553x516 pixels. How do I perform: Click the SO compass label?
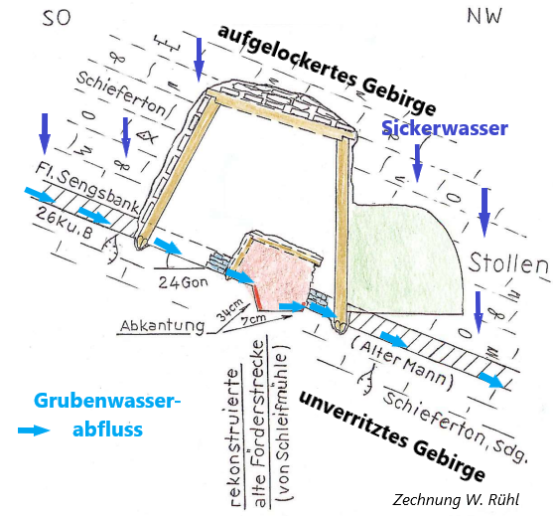tap(57, 18)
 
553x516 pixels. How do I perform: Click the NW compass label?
tap(484, 16)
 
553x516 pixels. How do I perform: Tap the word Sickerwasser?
tap(445, 128)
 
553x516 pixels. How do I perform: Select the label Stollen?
tap(508, 263)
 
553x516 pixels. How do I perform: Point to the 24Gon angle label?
tap(183, 282)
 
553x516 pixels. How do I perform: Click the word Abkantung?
tap(162, 326)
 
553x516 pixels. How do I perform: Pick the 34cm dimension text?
tap(229, 310)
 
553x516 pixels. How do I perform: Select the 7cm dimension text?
tap(253, 319)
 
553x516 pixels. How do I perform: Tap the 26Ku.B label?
tap(65, 223)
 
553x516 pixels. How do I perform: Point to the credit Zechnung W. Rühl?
tap(456, 499)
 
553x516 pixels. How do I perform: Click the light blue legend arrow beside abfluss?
tap(34, 430)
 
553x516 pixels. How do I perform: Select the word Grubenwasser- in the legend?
tap(107, 401)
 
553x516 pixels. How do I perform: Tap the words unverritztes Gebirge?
tap(392, 436)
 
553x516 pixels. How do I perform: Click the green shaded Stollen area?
tap(404, 259)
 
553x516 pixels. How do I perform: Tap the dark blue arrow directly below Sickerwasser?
tap(418, 163)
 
